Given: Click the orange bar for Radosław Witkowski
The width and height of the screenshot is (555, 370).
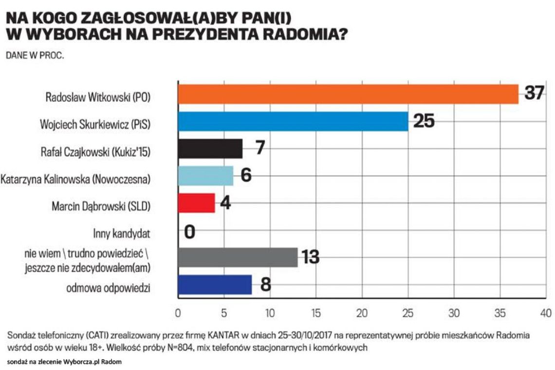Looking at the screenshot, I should coord(348,94).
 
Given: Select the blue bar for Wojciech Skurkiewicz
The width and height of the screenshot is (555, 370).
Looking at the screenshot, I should coord(293,121).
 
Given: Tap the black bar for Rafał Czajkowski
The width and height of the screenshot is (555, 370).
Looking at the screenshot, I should coord(210,149).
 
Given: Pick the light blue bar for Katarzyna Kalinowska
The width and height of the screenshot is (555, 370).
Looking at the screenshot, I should coord(205,176).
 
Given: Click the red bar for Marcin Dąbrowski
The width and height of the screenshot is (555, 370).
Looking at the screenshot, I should coord(196,203).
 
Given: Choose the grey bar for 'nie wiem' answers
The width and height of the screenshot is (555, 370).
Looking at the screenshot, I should coord(238,257).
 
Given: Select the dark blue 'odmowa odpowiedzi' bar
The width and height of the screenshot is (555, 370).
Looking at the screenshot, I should coord(215,285).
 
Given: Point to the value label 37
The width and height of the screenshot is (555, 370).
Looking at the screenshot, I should coord(534,93).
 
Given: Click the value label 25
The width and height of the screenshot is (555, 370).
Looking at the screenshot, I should coord(424,121).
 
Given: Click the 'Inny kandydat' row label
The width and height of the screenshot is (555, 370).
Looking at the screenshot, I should coord(121,234).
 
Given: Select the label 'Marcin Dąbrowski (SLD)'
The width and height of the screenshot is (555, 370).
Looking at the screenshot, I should coord(101,206).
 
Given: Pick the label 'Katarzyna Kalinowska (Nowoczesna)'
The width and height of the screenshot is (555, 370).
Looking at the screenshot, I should coord(76,179).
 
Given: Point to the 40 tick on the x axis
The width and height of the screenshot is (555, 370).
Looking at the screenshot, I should coord(546,313).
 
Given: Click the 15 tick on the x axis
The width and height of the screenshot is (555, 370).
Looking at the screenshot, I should coord(315,313).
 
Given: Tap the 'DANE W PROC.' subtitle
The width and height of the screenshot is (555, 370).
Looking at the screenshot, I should coord(35,55).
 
